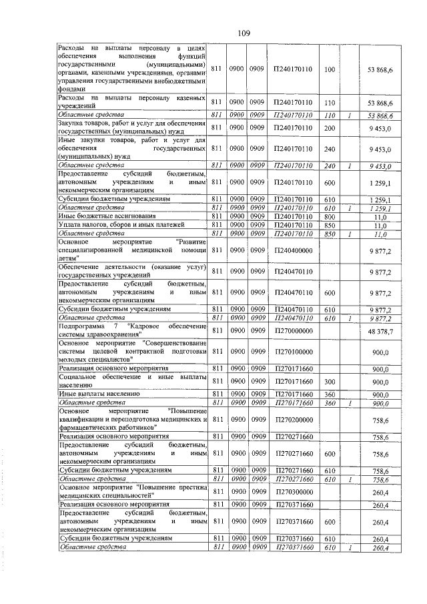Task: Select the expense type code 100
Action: [x=329, y=69]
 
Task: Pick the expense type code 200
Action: [x=329, y=127]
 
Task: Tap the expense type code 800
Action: [x=329, y=216]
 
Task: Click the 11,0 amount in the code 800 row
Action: [x=380, y=216]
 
